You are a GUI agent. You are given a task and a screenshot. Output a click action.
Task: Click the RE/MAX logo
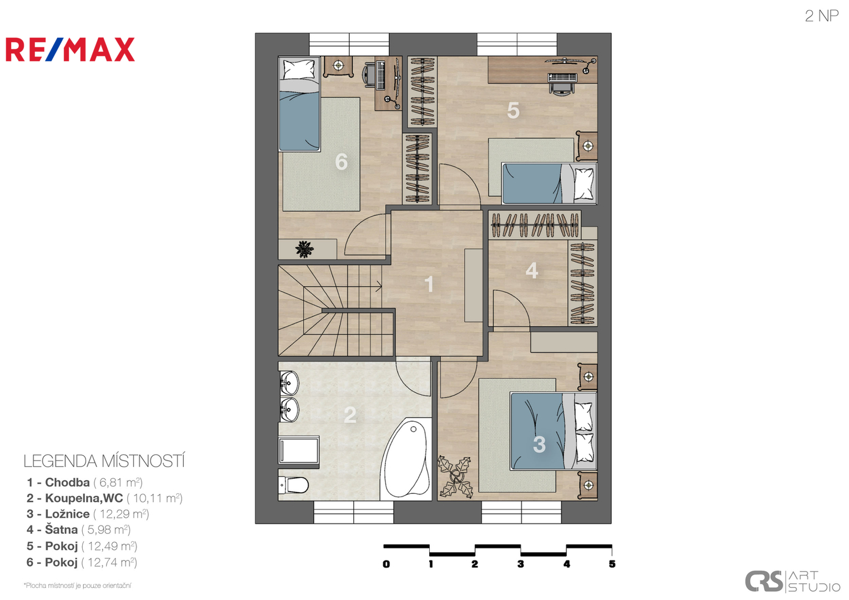[70, 49]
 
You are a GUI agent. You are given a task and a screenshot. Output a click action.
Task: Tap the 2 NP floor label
[821, 16]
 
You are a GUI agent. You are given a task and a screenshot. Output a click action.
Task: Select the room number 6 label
[341, 162]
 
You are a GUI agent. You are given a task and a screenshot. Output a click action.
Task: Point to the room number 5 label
[513, 111]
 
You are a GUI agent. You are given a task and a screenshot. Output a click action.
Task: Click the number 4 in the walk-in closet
[532, 271]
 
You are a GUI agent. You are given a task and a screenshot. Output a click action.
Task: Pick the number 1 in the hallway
[429, 284]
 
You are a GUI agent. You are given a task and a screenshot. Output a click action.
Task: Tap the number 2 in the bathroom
[350, 415]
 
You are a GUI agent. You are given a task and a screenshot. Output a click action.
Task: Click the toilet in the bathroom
[293, 484]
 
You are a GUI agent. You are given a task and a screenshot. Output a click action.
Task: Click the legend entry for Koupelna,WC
[104, 498]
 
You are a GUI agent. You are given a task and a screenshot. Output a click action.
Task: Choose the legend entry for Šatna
[78, 529]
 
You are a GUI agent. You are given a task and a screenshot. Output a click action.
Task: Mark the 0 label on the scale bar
[386, 564]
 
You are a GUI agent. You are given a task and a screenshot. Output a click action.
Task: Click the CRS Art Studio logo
[792, 581]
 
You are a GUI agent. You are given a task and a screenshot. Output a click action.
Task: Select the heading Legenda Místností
[104, 461]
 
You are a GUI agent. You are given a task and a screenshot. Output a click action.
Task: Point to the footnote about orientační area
[77, 586]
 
